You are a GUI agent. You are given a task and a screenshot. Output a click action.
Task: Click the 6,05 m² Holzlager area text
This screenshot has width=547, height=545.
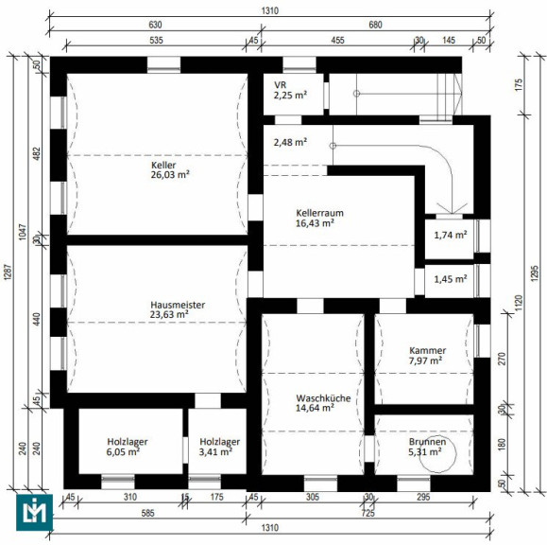123,451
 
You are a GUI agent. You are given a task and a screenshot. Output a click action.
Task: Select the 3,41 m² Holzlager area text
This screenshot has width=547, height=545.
215,451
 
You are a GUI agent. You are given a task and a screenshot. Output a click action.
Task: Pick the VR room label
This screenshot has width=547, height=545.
281,85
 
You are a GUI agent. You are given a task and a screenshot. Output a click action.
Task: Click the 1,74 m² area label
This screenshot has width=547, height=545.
451,235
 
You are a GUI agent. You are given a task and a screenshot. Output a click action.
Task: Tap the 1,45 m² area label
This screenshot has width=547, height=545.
451,279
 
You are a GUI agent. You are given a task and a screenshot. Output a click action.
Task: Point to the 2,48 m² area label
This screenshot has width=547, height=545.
290,142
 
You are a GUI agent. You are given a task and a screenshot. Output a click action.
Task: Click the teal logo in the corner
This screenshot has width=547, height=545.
35,512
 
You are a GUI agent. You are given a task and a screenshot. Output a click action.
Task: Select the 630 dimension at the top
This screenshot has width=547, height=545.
155,25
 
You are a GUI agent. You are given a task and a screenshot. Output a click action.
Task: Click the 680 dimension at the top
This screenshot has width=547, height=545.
375,25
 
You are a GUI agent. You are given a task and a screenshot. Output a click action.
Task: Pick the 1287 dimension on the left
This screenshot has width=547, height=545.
8,272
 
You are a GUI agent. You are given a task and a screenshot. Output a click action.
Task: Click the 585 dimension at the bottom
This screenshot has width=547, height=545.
148,513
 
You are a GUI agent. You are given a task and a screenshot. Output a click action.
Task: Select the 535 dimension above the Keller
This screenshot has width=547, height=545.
156,40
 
